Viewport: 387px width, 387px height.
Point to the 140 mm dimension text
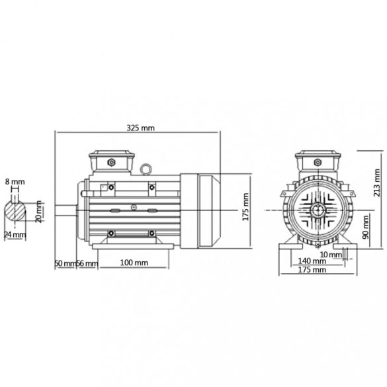[313, 261]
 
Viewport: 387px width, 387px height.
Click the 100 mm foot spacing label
[134, 263]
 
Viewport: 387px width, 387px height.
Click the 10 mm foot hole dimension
[330, 253]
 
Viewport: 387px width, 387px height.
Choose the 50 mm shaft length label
[64, 263]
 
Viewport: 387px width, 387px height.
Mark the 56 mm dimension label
[87, 263]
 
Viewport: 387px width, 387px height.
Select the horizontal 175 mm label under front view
[313, 271]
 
